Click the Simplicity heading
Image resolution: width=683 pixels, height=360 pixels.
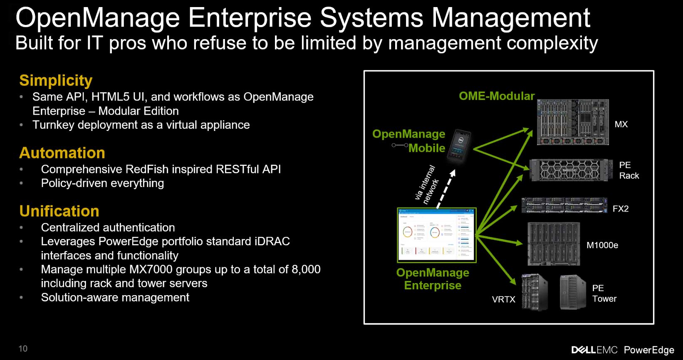tap(56, 81)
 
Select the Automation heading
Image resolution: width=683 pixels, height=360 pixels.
tap(62, 153)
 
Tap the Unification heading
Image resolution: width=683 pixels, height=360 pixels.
tap(59, 211)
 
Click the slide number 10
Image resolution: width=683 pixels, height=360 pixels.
tap(23, 348)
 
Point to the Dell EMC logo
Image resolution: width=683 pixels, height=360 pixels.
tap(594, 350)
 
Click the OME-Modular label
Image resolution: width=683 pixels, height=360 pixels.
tap(497, 96)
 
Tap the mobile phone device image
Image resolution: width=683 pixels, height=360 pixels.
tap(459, 146)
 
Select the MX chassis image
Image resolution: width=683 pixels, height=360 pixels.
tap(573, 122)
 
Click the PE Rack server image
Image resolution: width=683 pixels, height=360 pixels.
tap(571, 170)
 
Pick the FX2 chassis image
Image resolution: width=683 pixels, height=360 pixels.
tap(564, 205)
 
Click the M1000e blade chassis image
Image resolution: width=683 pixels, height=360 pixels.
tap(554, 244)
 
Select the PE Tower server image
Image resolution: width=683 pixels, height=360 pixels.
tap(573, 293)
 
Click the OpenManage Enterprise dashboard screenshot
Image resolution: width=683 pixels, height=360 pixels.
tap(436, 235)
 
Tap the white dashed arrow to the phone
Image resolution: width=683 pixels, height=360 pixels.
tap(445, 189)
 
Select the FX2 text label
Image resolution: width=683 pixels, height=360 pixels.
tap(621, 209)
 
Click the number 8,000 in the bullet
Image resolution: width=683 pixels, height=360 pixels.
tap(306, 269)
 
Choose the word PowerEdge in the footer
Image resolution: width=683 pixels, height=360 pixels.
tap(649, 350)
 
